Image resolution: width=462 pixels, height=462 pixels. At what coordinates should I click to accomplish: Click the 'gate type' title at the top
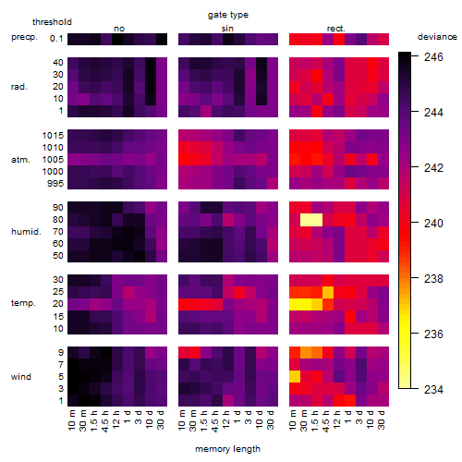228,16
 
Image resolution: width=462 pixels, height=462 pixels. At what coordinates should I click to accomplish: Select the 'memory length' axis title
227,449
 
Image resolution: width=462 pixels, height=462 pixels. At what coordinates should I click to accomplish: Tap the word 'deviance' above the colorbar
437,37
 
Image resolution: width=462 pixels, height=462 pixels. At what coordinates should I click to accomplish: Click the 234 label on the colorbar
433,390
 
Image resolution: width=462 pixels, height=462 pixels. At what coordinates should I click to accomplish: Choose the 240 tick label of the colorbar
433,224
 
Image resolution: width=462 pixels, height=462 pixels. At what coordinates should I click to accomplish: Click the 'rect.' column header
336,29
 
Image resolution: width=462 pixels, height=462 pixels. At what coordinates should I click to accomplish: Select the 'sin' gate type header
227,29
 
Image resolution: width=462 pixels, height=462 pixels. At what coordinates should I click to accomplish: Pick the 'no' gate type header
119,29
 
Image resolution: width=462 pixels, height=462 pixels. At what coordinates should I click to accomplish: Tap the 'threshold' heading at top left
52,22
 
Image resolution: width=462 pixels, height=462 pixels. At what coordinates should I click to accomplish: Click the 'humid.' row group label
26,232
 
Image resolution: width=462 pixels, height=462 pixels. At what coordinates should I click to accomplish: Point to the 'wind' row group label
21,377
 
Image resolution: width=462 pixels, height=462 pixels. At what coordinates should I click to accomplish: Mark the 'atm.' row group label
20,160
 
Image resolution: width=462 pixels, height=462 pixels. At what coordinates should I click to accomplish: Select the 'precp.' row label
24,38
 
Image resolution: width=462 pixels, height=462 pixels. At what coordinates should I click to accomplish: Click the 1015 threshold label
53,136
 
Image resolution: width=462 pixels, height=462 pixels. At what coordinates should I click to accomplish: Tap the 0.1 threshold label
56,39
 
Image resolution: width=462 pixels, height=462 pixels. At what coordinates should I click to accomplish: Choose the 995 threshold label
55,184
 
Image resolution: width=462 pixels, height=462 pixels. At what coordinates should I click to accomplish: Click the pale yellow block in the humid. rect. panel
311,220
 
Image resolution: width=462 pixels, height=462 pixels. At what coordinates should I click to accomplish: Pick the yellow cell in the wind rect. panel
295,377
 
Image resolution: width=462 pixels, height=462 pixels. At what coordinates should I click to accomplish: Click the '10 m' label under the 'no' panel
71,419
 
